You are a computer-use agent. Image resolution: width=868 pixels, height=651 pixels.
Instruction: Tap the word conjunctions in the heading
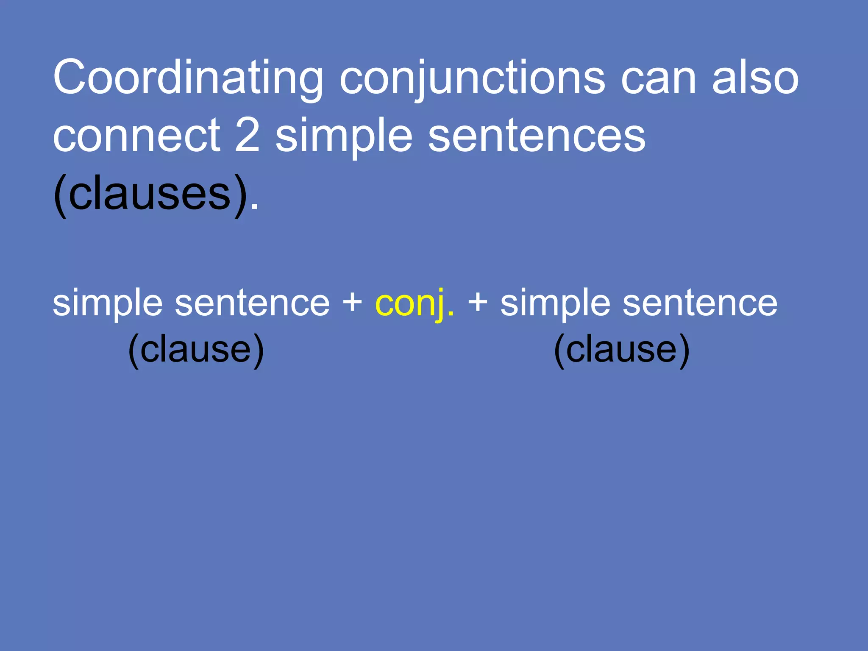[x=472, y=78]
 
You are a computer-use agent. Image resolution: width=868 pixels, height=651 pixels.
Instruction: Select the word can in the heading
[x=659, y=78]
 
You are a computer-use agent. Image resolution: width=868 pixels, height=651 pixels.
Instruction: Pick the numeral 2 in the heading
[x=247, y=136]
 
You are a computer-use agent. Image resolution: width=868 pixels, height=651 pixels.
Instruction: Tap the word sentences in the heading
[x=537, y=136]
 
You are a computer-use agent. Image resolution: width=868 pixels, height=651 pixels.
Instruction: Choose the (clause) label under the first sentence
[x=196, y=349]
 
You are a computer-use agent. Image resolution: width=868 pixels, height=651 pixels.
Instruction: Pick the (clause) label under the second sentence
[x=622, y=349]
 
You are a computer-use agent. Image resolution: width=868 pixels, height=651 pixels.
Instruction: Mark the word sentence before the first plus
[x=252, y=303]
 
